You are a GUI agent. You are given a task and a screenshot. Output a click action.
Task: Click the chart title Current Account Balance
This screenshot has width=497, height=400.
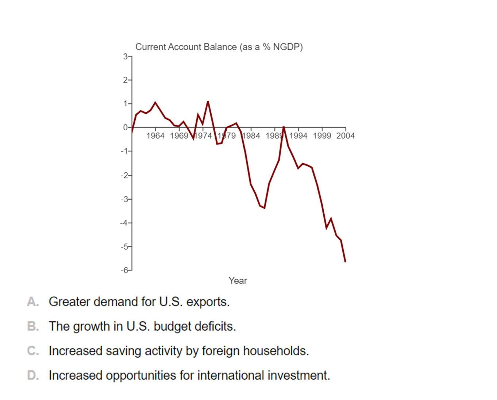click(x=219, y=47)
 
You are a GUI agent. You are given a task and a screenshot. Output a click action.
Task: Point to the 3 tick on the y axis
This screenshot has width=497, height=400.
click(x=125, y=57)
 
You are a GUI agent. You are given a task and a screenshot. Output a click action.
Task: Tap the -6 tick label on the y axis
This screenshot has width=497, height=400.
click(x=124, y=270)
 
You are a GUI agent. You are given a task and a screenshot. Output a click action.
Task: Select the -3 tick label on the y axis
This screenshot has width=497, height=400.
click(x=124, y=199)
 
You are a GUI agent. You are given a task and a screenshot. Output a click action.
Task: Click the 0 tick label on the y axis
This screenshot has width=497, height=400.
click(x=125, y=127)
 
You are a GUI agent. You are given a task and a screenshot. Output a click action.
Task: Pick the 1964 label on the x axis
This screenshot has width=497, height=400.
click(x=155, y=136)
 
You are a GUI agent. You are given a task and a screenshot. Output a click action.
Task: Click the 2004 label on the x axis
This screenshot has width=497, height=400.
click(x=345, y=136)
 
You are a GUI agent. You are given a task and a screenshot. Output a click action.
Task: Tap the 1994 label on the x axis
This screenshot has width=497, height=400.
click(x=298, y=136)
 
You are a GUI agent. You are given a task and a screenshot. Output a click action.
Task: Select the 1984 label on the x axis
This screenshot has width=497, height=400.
click(x=251, y=136)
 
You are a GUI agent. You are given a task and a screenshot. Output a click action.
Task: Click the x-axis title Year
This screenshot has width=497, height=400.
click(x=238, y=281)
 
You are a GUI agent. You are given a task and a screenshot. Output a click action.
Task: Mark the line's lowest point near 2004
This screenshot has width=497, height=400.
click(x=345, y=261)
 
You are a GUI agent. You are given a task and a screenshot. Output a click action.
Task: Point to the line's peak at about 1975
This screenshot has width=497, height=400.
click(x=208, y=101)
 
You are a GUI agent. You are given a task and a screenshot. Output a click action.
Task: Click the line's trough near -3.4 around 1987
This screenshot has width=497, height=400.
click(x=264, y=208)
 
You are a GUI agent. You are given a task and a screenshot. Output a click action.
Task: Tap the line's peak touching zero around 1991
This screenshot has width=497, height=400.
click(x=284, y=127)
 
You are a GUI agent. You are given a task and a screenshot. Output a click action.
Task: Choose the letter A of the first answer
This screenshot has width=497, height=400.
click(x=32, y=302)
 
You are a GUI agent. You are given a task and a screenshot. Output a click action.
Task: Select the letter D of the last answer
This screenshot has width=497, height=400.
click(x=32, y=375)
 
